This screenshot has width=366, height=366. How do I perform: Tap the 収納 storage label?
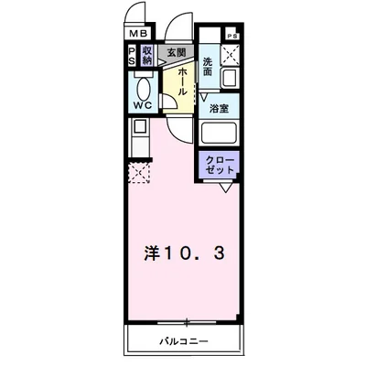146,56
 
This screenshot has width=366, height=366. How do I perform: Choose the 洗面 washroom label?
208,67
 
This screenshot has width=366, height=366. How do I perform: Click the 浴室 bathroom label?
220,107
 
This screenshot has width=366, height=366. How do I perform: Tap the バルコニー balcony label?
182,341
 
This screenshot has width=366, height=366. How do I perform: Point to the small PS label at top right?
232,36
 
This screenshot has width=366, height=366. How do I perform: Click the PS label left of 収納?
132,56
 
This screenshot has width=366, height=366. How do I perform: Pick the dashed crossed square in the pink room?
138,170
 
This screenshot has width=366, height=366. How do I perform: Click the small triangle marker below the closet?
223,188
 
